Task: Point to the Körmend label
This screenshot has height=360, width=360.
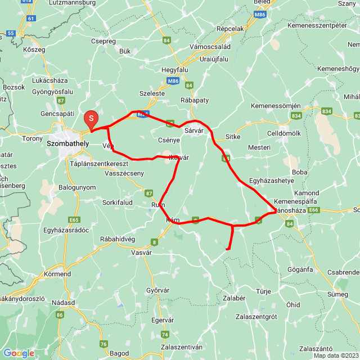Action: click(57, 274)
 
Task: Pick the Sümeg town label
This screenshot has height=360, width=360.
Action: click(338, 294)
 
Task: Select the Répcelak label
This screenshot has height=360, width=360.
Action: click(231, 28)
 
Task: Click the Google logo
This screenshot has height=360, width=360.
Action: click(19, 353)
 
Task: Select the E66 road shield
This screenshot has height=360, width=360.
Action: click(313, 210)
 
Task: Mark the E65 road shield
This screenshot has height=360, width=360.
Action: click(74, 219)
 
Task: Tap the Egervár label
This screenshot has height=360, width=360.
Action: click(163, 319)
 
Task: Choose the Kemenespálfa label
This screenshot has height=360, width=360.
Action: click(296, 201)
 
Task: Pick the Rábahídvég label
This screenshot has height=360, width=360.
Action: click(118, 239)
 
